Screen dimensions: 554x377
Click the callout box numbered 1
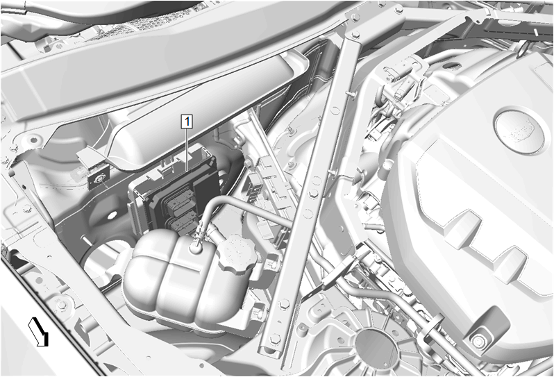pos(187,122)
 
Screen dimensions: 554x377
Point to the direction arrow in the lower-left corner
pos(38,331)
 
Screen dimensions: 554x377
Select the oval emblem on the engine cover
pos(519,131)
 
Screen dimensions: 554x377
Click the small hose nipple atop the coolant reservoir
pos(196,246)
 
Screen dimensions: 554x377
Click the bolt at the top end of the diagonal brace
pos(355,35)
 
